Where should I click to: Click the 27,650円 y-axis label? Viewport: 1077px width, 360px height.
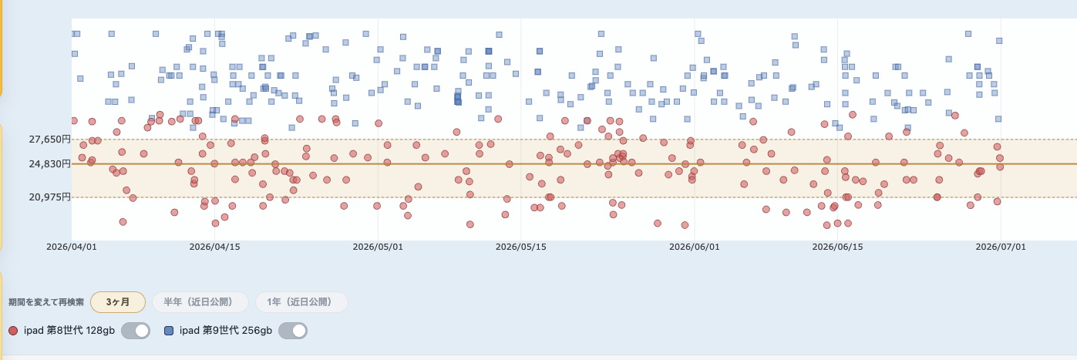49,140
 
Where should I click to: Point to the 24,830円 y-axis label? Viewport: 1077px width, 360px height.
49,164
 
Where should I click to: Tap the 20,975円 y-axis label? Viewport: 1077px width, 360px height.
49,197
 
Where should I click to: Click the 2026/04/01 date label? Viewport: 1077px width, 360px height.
72,247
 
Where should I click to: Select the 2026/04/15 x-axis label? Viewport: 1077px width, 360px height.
214,247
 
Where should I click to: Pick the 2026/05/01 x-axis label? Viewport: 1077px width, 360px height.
378,247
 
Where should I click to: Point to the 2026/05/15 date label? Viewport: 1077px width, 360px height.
520,247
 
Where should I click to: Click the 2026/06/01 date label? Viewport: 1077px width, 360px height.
695,247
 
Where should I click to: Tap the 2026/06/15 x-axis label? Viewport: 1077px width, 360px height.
837,247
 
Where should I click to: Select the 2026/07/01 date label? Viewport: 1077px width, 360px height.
1001,247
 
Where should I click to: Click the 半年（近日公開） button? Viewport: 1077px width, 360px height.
200,302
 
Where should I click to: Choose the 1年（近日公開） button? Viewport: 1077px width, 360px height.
301,302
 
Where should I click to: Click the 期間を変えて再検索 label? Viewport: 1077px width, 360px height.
46,302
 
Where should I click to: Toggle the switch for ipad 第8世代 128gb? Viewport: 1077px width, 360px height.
136,331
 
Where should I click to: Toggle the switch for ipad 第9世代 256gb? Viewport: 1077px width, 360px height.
293,331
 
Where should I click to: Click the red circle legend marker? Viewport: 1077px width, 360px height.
13,331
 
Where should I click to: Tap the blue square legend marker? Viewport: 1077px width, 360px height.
169,331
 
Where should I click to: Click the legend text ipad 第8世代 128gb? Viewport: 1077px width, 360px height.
69,331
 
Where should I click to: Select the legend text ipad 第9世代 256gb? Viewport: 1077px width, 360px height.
225,331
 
